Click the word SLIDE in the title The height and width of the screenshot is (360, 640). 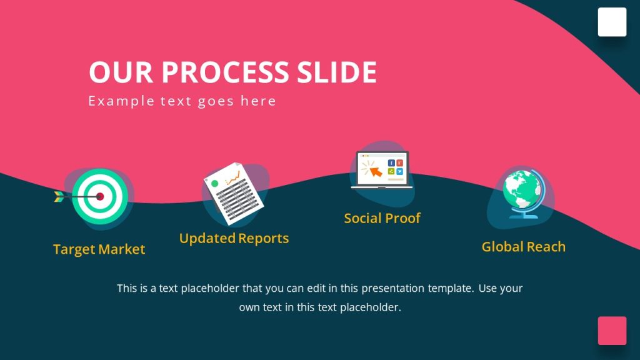pos(336,72)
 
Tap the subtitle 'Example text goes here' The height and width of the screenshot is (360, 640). pos(182,101)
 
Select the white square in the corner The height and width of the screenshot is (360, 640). pos(612,22)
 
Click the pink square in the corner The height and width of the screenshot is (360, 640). pos(612,331)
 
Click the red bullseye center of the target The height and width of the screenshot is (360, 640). pos(99,196)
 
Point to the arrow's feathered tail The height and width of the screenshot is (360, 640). pos(59,196)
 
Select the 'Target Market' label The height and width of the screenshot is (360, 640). pos(99,249)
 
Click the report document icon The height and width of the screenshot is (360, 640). pos(233,194)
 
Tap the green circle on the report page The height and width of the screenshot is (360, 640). pos(215,184)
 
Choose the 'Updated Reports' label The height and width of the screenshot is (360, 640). pos(234,238)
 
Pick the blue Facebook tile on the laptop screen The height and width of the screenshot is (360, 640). pos(391,163)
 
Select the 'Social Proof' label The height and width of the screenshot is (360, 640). pos(382,218)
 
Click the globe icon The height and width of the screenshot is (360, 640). pos(521,191)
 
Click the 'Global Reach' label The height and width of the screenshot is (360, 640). pos(523,247)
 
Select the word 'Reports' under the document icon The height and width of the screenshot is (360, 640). pos(263,238)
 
